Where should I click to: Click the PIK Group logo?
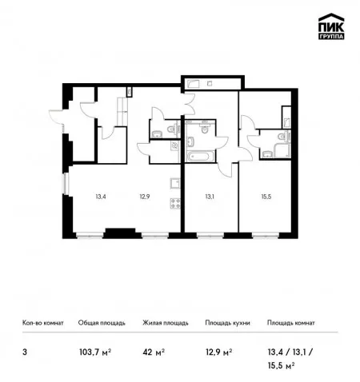tap(331, 26)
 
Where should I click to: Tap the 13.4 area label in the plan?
tap(101, 197)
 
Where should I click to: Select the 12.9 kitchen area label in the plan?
tap(145, 197)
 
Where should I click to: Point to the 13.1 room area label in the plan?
tap(210, 197)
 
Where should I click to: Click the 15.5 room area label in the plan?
tap(266, 197)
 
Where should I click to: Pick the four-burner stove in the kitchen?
tap(175, 203)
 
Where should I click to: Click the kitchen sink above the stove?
tap(175, 184)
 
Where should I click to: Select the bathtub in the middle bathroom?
tap(201, 157)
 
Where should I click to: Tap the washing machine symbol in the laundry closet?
tap(175, 145)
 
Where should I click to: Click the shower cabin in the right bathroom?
tap(282, 150)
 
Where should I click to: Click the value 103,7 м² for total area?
tap(95, 352)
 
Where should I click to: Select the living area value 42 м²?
tap(154, 352)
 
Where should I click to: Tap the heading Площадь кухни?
tap(227, 323)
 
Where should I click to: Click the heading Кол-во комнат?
tap(43, 323)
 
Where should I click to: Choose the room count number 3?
tap(25, 352)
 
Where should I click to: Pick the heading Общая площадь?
tap(102, 323)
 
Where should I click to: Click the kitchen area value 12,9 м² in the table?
tap(218, 352)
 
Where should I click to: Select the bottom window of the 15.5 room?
tap(266, 236)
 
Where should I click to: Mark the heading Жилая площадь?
tap(166, 323)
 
